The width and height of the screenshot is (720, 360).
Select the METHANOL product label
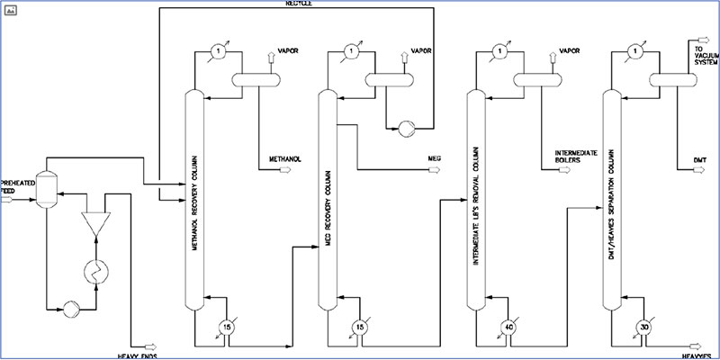point(285,160)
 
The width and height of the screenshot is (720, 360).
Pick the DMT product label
point(699,160)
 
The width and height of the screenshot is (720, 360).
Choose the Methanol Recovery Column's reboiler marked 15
point(227,327)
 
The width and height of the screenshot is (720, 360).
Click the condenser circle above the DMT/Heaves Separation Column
point(635,52)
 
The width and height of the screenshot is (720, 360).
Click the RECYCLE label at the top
point(297,3)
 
